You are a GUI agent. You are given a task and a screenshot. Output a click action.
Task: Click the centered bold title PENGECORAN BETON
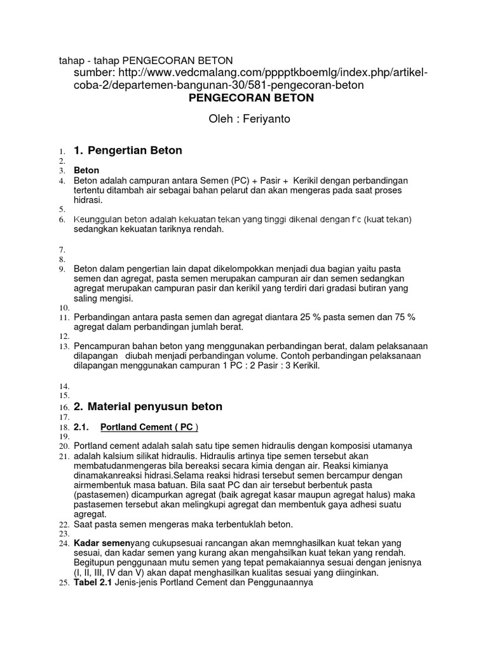(x=251, y=98)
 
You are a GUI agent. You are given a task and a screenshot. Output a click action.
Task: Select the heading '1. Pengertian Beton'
(x=128, y=151)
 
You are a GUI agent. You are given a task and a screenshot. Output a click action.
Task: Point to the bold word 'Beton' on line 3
(x=86, y=171)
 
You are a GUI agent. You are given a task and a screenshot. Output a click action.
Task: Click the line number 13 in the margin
(x=64, y=347)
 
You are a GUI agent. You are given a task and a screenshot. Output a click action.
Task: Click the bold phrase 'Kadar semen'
(x=100, y=544)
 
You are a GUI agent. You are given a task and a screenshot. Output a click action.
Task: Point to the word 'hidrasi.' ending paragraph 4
(x=88, y=199)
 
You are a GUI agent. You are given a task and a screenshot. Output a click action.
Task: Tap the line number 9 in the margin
(x=64, y=269)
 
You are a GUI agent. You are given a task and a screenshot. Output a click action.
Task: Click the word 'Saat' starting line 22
(x=83, y=524)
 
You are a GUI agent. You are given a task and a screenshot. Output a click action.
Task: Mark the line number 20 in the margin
(x=64, y=446)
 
